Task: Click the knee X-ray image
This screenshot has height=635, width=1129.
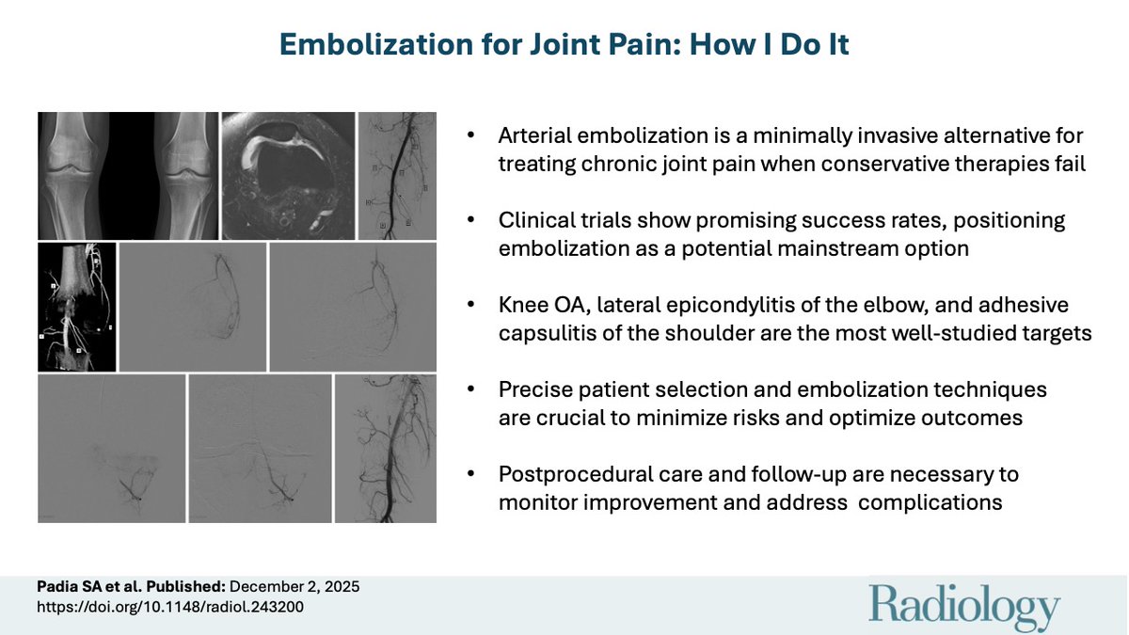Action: [x=128, y=176]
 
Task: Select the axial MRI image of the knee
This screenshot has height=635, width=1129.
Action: [x=288, y=176]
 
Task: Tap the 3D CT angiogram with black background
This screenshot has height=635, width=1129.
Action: [x=77, y=307]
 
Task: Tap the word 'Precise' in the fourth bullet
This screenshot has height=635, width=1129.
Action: [x=530, y=390]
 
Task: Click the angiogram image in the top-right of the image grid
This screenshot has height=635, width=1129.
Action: [x=397, y=176]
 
